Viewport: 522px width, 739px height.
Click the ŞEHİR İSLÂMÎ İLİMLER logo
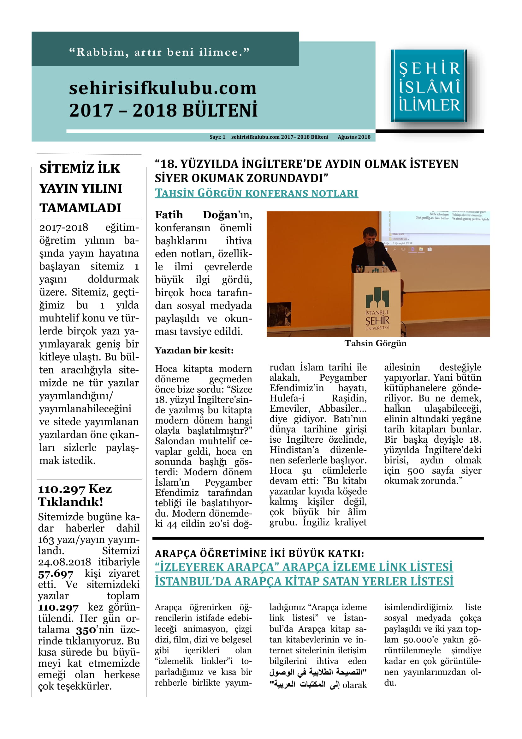[x=429, y=86]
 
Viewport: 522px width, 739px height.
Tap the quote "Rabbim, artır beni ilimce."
[x=159, y=52]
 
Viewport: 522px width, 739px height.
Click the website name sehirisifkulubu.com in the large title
[x=163, y=88]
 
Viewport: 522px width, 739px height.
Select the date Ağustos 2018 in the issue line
[x=354, y=137]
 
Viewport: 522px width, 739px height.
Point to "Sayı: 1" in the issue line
[x=217, y=137]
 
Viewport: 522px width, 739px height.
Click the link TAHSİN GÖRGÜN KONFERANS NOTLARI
[x=256, y=193]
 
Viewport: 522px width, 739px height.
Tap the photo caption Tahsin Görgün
[x=375, y=343]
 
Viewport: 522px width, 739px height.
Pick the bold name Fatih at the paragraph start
[x=169, y=215]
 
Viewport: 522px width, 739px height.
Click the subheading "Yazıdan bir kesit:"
[x=194, y=350]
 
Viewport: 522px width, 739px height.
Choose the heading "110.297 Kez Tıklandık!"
[x=75, y=495]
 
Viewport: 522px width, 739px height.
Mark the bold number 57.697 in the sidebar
[x=56, y=573]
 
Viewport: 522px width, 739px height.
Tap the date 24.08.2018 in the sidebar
[x=64, y=562]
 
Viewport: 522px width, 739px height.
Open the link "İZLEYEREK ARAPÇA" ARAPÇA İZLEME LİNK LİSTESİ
[x=304, y=567]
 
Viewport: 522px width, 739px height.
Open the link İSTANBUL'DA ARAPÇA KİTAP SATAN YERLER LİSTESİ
[x=304, y=581]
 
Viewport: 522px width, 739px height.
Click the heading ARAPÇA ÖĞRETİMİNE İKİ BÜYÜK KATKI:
[x=259, y=553]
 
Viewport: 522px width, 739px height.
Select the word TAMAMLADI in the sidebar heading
[x=80, y=208]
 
